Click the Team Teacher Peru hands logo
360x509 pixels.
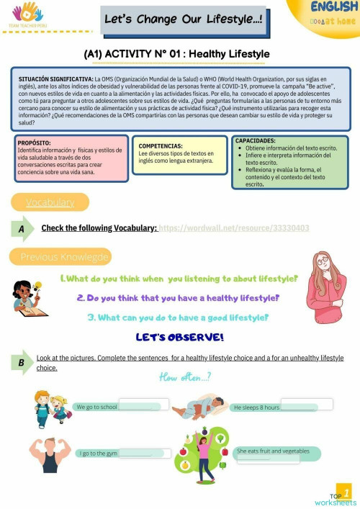(27, 13)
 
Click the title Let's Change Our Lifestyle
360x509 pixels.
(183, 21)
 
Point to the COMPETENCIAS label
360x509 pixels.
(165, 145)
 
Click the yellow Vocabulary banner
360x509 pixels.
(50, 202)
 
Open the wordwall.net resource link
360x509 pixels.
(234, 228)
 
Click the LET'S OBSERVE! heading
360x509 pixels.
(179, 336)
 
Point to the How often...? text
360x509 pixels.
(185, 376)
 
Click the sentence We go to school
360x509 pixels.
(96, 407)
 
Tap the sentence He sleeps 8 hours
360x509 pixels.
(256, 407)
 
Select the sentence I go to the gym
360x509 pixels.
(99, 454)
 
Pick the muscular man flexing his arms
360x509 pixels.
(50, 452)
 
